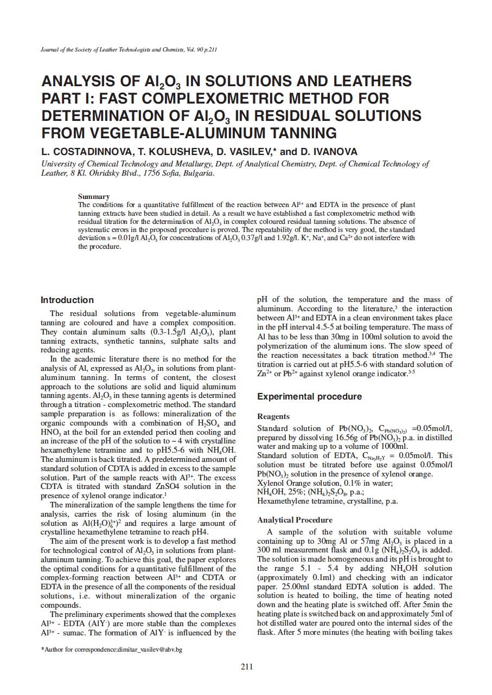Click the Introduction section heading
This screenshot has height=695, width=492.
[67, 300]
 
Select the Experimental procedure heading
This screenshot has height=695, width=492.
[309, 396]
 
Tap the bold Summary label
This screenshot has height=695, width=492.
[94, 196]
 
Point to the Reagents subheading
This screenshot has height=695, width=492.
[273, 416]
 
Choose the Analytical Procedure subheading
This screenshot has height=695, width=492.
[295, 520]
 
